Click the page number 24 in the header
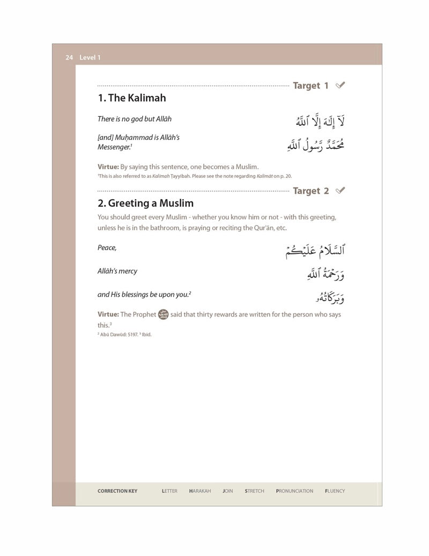69,57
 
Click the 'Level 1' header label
90,57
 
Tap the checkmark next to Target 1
340,85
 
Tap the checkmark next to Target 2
340,191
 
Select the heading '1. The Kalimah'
131,98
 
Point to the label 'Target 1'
310,86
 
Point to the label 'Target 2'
310,191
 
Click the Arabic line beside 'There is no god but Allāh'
320,121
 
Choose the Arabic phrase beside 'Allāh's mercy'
325,273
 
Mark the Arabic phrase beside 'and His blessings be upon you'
327,297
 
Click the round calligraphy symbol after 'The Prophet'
164,314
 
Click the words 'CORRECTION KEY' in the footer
117,491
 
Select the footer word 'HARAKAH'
200,491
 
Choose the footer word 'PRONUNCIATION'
294,491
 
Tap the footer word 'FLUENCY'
335,491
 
